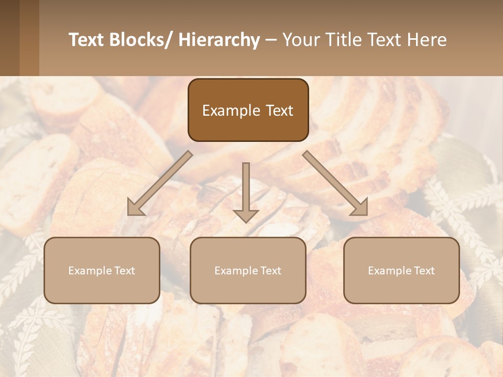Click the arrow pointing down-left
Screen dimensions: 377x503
[160, 183]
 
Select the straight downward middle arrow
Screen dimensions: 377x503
[246, 188]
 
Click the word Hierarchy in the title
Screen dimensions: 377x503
[219, 40]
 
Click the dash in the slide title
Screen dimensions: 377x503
[271, 40]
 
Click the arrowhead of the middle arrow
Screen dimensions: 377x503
[246, 215]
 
